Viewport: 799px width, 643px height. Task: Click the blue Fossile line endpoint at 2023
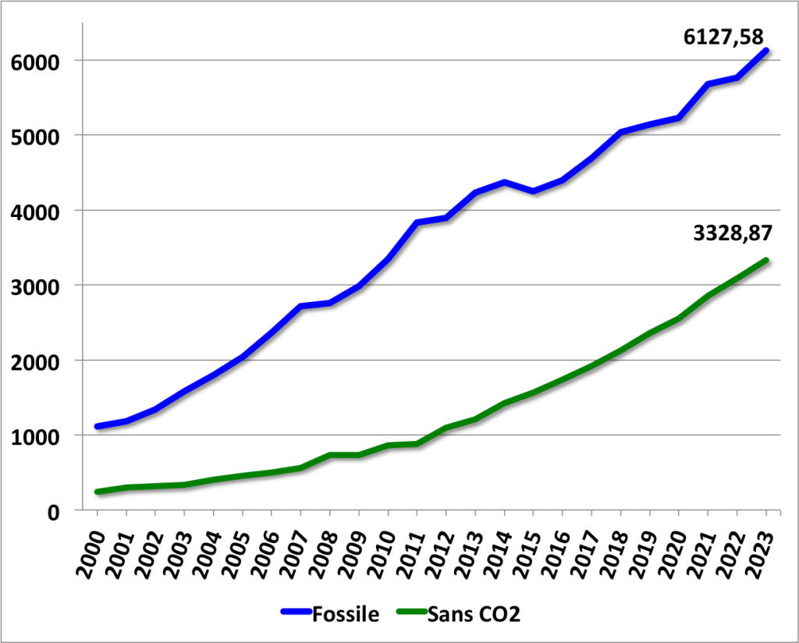pos(766,52)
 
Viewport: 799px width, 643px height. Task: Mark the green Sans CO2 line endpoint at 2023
pos(766,261)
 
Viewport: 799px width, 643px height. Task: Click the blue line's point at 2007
pos(301,306)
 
